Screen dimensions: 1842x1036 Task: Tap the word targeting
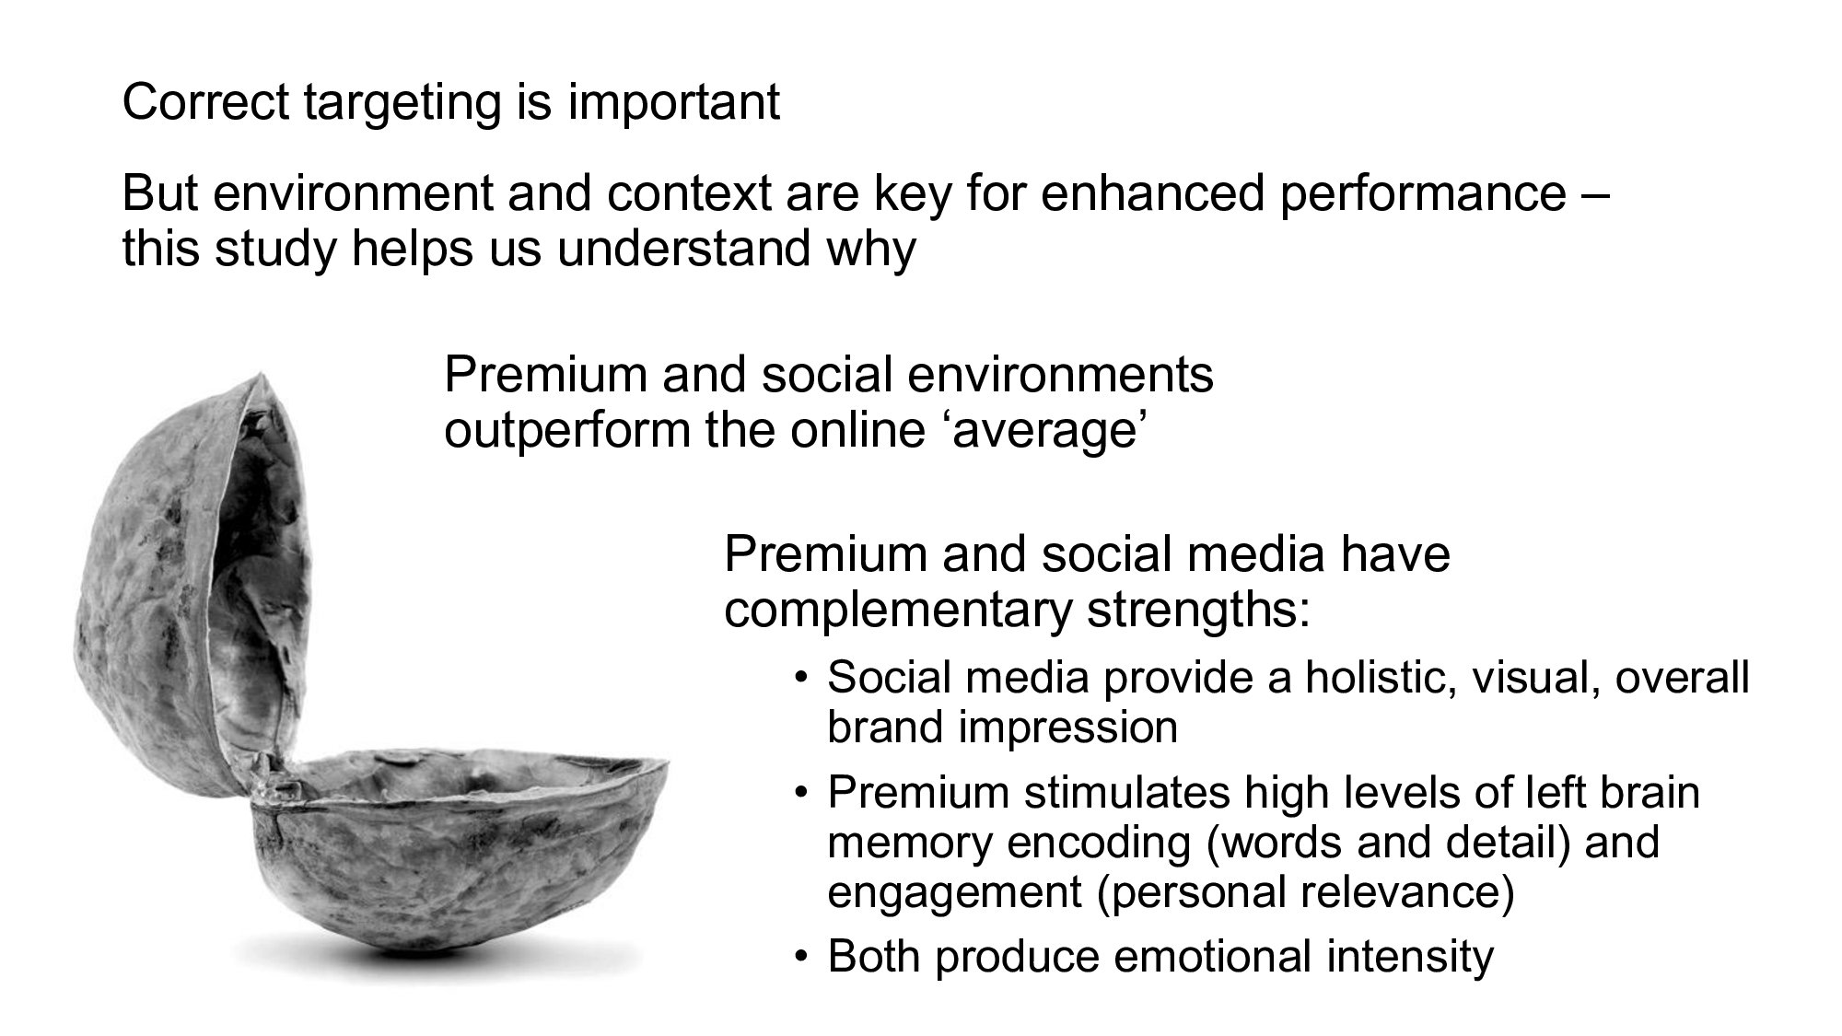pos(401,104)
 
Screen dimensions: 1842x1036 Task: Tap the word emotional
pos(1211,957)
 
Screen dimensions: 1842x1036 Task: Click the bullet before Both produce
pos(801,958)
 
